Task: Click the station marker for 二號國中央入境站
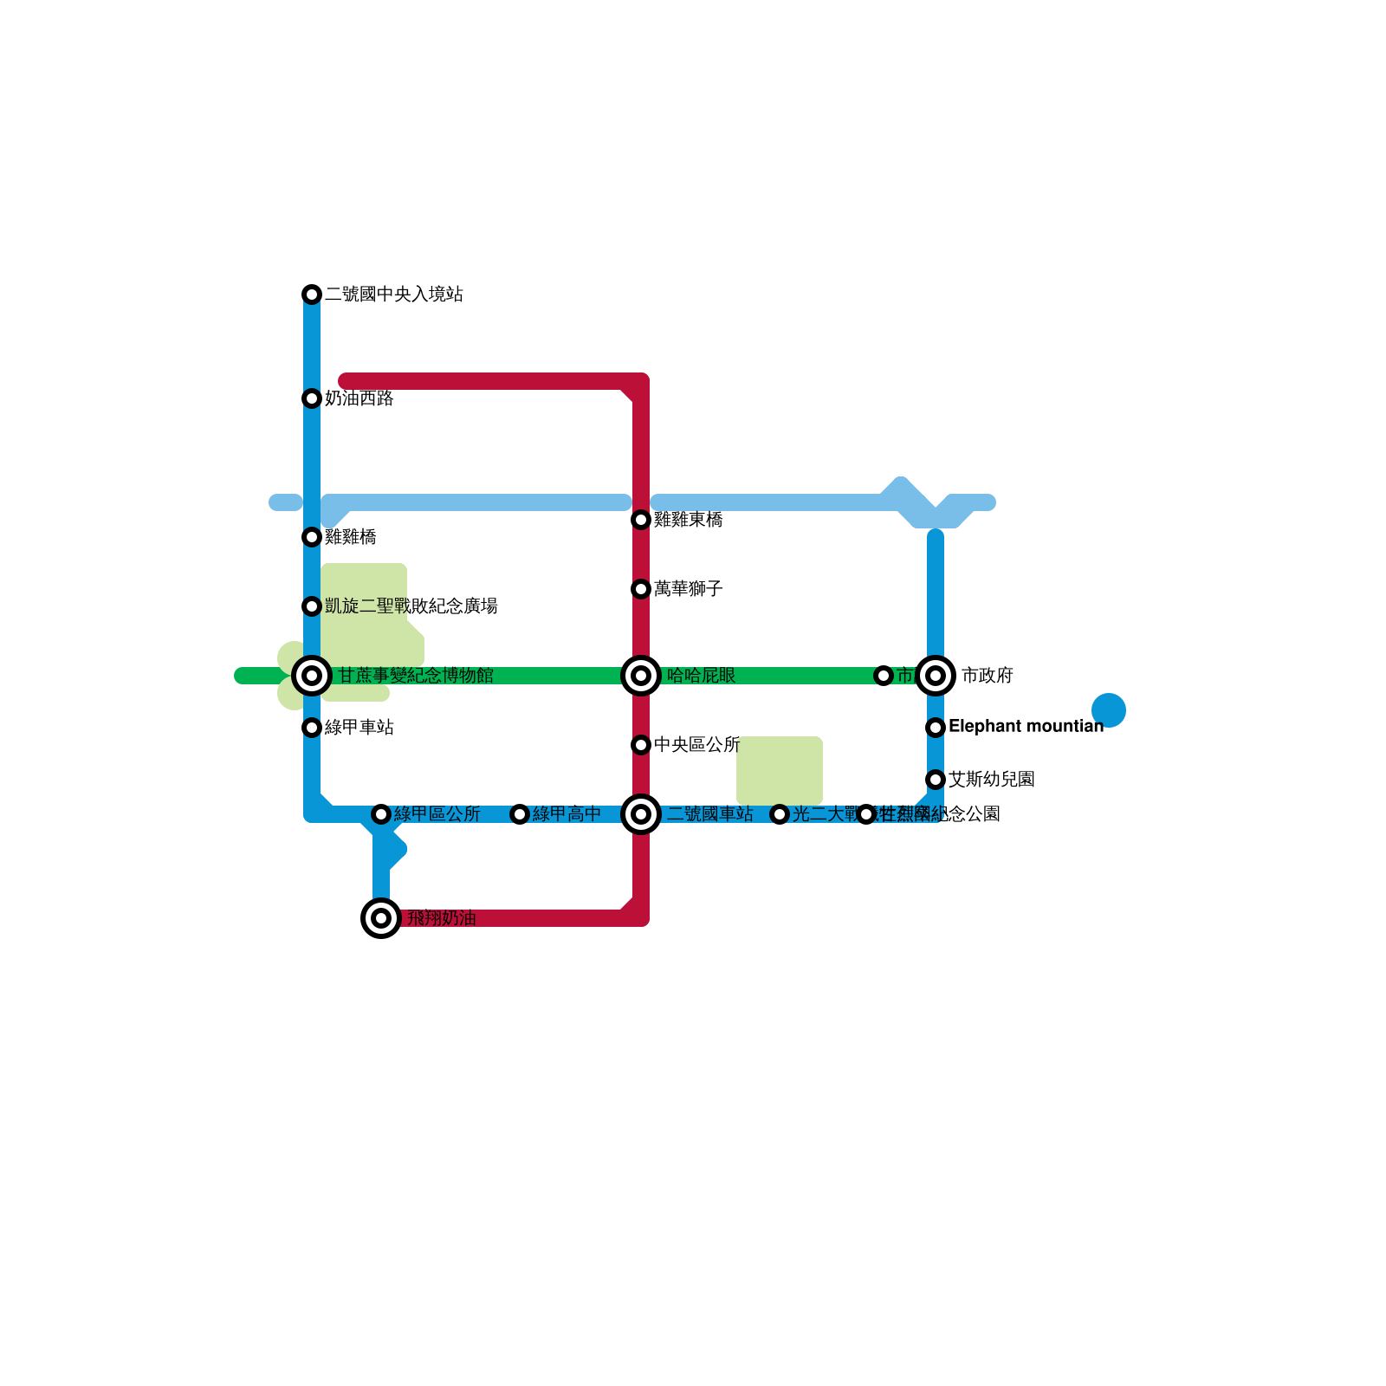[312, 295]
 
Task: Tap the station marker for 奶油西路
[312, 398]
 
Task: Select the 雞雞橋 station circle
[312, 537]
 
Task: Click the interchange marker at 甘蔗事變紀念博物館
[312, 676]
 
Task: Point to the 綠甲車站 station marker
[312, 728]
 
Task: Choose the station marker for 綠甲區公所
[381, 814]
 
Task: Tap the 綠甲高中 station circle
[520, 814]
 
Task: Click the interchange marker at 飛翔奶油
[381, 918]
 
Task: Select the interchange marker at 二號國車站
[641, 814]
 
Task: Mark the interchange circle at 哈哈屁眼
[641, 676]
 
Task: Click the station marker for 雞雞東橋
[641, 520]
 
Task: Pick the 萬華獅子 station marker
[641, 589]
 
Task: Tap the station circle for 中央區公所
[641, 745]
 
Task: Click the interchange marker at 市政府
[936, 676]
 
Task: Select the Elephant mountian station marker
[936, 728]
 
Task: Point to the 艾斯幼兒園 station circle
[936, 780]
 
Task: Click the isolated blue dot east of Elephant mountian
[1109, 710]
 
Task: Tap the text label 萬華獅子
[689, 589]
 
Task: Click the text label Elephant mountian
[1026, 727]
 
